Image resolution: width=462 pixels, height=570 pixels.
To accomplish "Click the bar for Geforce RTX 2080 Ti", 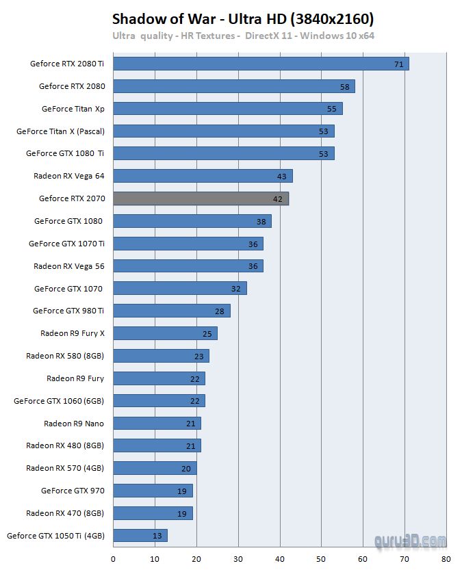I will click(x=260, y=64).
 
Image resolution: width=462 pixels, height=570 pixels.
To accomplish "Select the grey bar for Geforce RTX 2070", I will click(x=201, y=198).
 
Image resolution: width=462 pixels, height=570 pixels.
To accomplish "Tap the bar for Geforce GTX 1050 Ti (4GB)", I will click(x=140, y=535).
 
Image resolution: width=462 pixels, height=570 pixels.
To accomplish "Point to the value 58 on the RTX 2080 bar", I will click(x=344, y=87).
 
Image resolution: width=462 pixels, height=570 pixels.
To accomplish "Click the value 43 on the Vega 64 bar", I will click(x=282, y=177).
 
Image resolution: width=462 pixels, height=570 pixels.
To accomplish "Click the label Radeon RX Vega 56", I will click(x=68, y=266).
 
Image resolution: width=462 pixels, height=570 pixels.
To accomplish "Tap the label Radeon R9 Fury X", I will click(x=72, y=333).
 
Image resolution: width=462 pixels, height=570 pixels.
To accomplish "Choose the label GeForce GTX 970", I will click(x=72, y=491).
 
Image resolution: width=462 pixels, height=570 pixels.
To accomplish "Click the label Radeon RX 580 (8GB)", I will click(x=65, y=356).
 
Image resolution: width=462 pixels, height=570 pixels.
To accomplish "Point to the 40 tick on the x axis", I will click(x=280, y=558).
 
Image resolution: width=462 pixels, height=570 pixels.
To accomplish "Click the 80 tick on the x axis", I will click(x=446, y=558).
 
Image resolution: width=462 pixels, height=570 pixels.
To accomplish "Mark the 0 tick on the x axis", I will click(x=113, y=558).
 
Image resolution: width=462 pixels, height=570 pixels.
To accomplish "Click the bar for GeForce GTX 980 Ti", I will click(x=171, y=311).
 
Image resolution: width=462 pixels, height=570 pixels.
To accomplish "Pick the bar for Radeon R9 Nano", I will click(x=157, y=423).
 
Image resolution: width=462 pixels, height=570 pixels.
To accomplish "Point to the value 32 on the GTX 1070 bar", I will click(x=236, y=289).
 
